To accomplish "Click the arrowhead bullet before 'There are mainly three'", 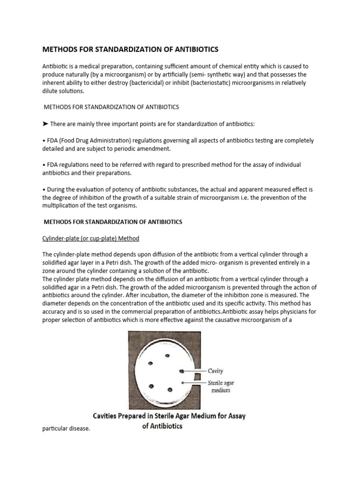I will coord(45,124).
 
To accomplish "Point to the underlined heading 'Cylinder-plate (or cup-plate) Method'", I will coord(91,239).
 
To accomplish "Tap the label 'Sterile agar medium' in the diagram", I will coord(221,387).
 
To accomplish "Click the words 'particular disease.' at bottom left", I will coord(66,429).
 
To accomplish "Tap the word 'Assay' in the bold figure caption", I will coord(234,416).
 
